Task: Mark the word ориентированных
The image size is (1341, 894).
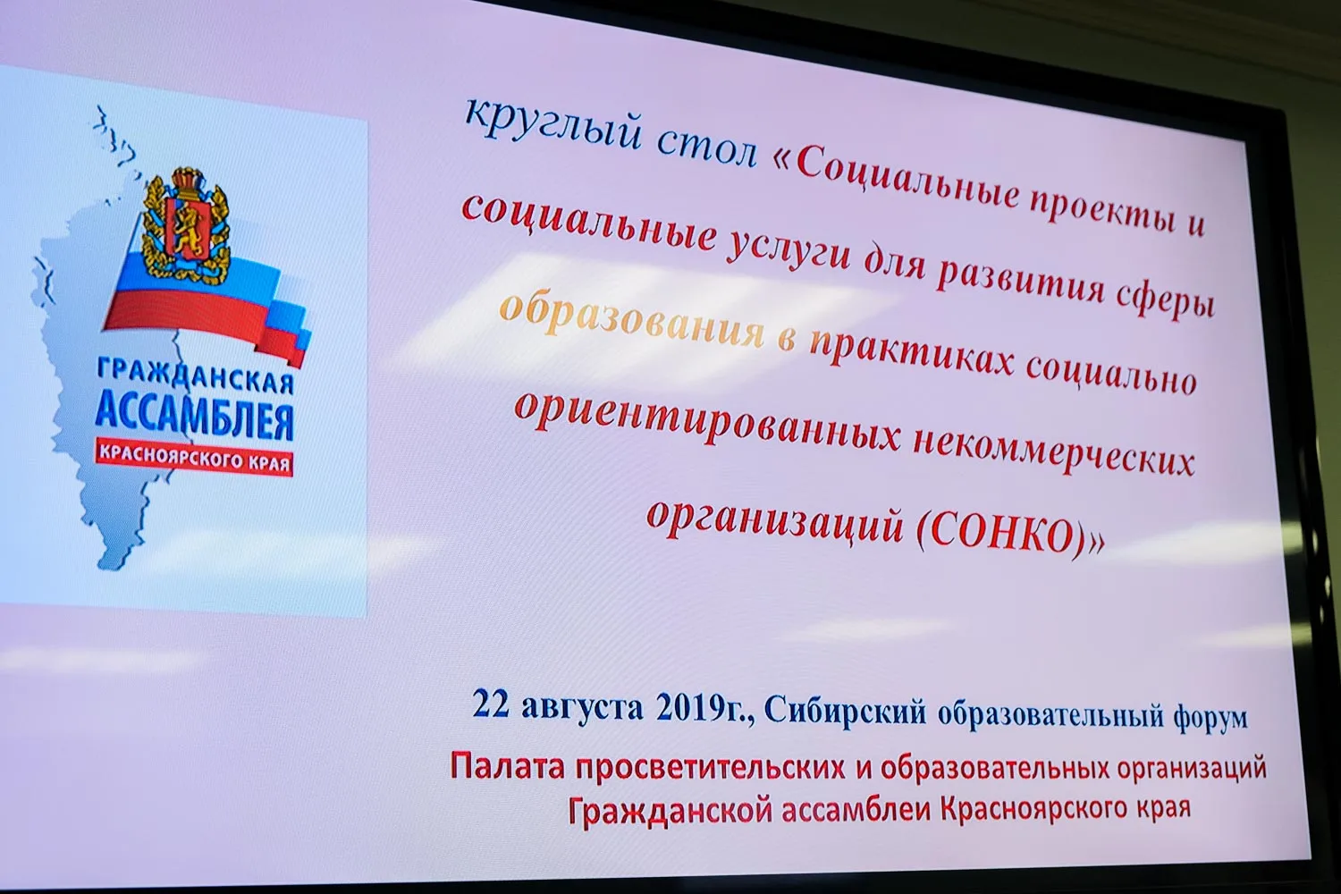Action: click(707, 421)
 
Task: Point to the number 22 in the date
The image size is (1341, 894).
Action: click(490, 704)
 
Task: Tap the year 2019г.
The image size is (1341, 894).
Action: click(700, 709)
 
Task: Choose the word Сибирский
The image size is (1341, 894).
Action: click(845, 713)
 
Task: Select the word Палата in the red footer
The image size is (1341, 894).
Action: click(508, 767)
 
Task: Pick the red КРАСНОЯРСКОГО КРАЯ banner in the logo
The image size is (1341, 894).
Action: click(195, 458)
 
